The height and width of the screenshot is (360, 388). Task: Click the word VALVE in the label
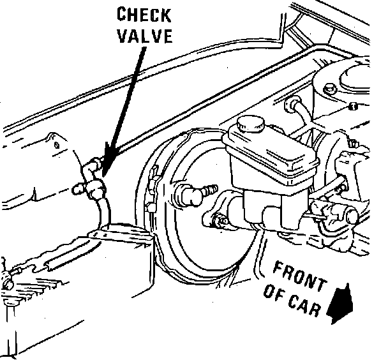point(144,36)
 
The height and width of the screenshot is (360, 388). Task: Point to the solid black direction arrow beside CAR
point(341,304)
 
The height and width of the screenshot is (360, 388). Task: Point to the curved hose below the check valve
point(103,211)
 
